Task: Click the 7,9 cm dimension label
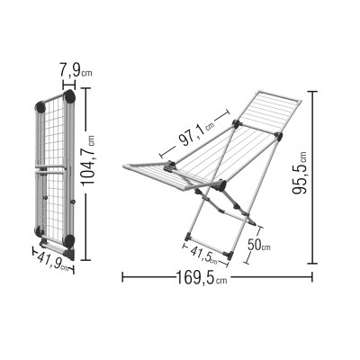coord(76,70)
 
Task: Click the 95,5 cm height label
coord(300,173)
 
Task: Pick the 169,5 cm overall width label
coord(202,278)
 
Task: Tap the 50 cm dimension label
coord(258,246)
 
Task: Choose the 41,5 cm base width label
coord(203,256)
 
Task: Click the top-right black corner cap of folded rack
coord(70,96)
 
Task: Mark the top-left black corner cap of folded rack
coord(40,107)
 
